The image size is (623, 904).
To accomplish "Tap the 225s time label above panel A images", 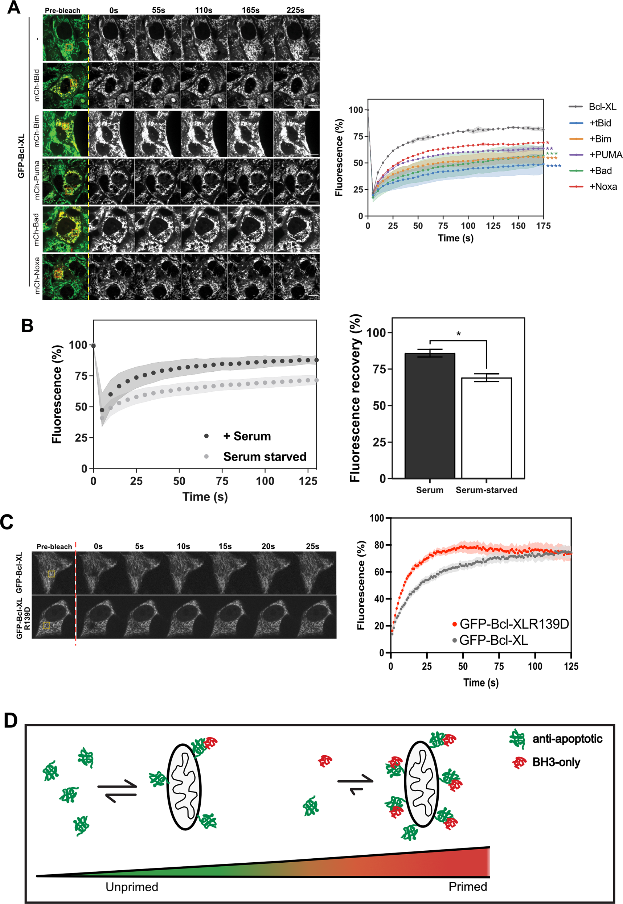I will click(295, 10).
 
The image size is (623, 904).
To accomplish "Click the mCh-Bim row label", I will click(36, 131).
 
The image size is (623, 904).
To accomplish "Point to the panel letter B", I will click(27, 326).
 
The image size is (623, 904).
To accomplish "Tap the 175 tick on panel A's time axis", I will click(543, 226).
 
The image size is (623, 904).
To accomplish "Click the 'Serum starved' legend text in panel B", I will click(265, 457).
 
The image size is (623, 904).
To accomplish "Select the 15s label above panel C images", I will click(225, 546).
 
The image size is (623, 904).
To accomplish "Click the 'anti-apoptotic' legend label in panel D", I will click(567, 739).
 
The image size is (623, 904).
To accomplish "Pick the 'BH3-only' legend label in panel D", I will click(556, 762).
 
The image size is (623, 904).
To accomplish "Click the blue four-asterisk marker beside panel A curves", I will click(554, 166).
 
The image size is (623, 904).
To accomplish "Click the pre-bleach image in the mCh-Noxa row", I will click(66, 277).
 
